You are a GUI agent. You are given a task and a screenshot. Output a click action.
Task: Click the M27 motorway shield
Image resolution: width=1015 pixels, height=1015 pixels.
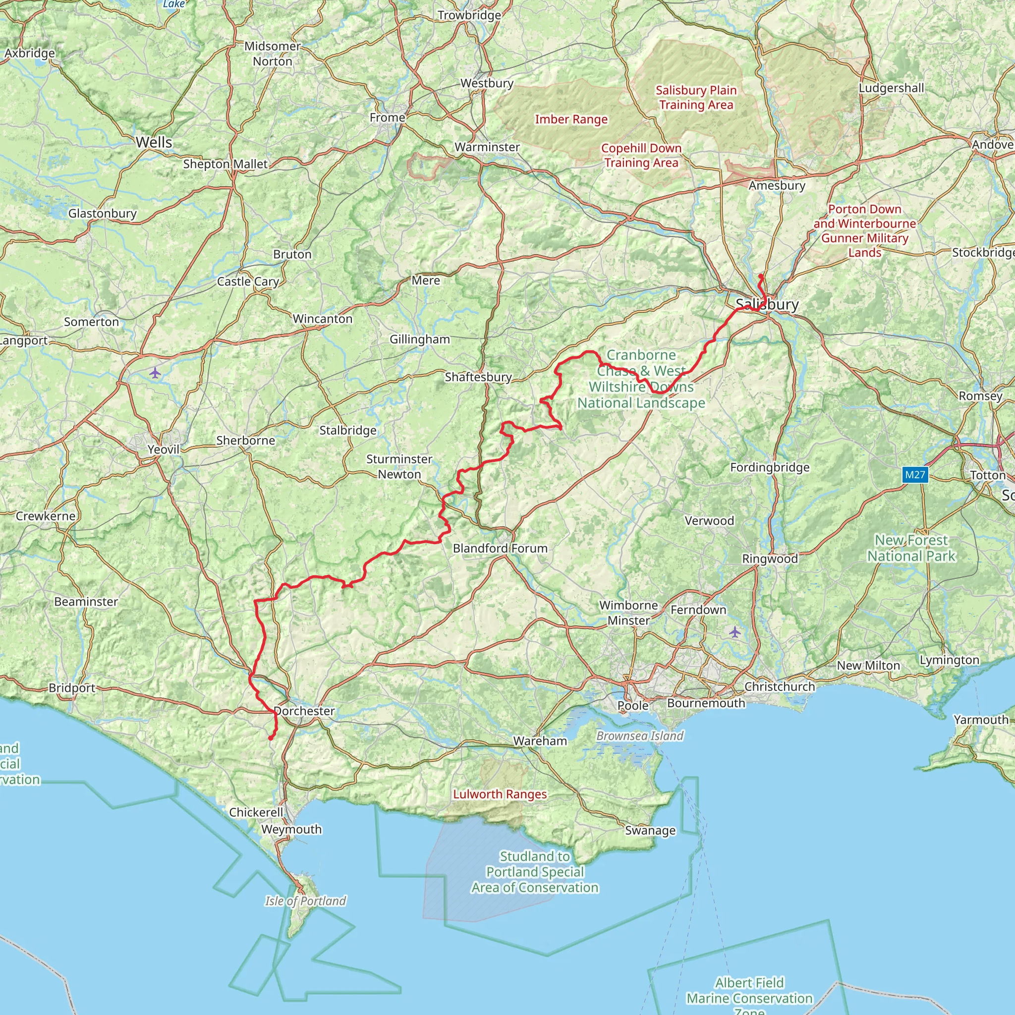pyautogui.click(x=915, y=475)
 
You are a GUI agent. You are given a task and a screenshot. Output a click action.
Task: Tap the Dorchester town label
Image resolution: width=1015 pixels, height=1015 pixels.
pyautogui.click(x=304, y=711)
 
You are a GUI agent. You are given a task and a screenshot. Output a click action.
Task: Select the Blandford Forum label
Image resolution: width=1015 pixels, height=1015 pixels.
pyautogui.click(x=500, y=548)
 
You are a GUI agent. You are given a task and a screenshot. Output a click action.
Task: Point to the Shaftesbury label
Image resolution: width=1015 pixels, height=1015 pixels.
pyautogui.click(x=478, y=377)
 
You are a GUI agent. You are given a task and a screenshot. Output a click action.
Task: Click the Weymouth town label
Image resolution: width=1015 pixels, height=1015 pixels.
pyautogui.click(x=291, y=829)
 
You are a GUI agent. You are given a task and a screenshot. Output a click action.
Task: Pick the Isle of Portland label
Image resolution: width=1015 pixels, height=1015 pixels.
pyautogui.click(x=305, y=901)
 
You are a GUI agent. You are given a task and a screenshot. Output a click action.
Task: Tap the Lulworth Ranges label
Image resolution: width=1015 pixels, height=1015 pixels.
pyautogui.click(x=500, y=794)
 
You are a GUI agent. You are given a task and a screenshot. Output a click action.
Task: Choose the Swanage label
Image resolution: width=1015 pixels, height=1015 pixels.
pyautogui.click(x=650, y=830)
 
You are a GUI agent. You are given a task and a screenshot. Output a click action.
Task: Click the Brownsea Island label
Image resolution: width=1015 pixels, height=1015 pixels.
pyautogui.click(x=640, y=735)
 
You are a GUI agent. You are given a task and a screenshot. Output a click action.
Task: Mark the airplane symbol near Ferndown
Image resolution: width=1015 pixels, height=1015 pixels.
pyautogui.click(x=734, y=632)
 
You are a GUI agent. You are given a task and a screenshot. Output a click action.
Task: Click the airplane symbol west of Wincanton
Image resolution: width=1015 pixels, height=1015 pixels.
pyautogui.click(x=155, y=373)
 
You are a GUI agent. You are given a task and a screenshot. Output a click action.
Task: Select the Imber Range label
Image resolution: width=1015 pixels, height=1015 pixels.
pyautogui.click(x=571, y=119)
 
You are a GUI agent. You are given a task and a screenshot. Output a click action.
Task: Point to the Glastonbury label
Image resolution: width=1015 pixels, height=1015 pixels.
pyautogui.click(x=103, y=213)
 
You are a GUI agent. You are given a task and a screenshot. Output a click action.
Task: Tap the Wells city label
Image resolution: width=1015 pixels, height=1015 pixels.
pyautogui.click(x=154, y=142)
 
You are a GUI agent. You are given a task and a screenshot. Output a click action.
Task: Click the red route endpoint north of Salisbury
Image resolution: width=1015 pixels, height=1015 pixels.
pyautogui.click(x=760, y=276)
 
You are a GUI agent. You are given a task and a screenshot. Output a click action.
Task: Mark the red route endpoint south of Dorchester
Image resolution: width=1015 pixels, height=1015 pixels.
pyautogui.click(x=271, y=738)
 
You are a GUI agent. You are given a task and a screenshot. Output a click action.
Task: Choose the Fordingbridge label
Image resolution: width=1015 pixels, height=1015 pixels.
pyautogui.click(x=770, y=467)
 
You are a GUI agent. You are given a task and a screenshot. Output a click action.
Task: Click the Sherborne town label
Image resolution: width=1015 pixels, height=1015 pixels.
pyautogui.click(x=245, y=440)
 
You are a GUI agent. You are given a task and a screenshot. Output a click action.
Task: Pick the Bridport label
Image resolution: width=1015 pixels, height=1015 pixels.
pyautogui.click(x=72, y=688)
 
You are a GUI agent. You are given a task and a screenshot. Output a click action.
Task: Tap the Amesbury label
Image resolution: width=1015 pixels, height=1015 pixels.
pyautogui.click(x=777, y=185)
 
